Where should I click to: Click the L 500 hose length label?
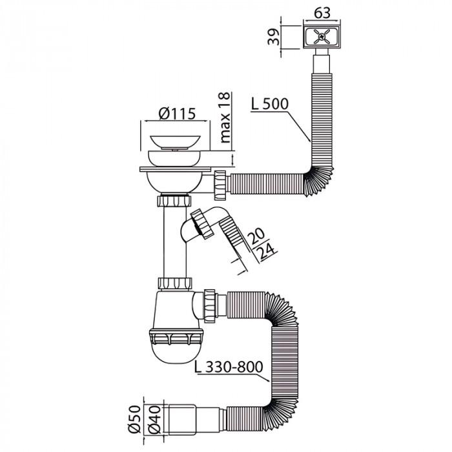pyautogui.click(x=266, y=103)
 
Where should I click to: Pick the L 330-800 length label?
pyautogui.click(x=228, y=368)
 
